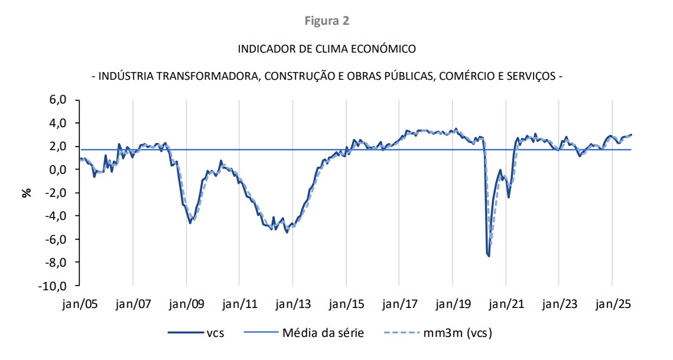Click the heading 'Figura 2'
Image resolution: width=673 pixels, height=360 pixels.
point(327,21)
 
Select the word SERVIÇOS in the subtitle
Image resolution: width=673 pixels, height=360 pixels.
point(529,77)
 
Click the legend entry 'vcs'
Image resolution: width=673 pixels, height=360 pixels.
point(214,333)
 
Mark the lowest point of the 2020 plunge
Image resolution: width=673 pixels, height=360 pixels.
point(489,256)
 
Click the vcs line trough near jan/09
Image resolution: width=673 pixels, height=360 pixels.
point(190,223)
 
